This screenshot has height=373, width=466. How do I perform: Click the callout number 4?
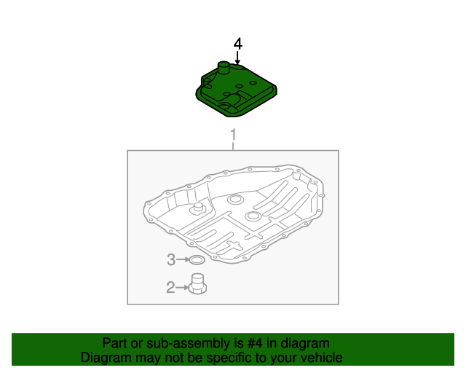238,44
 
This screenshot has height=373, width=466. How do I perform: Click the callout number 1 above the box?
233,135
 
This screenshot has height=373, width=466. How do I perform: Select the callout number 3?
171,259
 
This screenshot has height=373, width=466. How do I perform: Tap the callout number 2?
170,287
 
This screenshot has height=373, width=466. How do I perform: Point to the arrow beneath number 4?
237,58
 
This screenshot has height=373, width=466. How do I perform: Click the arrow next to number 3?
183,259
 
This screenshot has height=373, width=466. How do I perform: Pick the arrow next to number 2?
182,287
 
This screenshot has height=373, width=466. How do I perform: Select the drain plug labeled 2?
197,284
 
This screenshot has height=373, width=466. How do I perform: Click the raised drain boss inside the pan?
197,208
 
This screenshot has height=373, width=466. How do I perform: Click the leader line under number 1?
233,146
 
